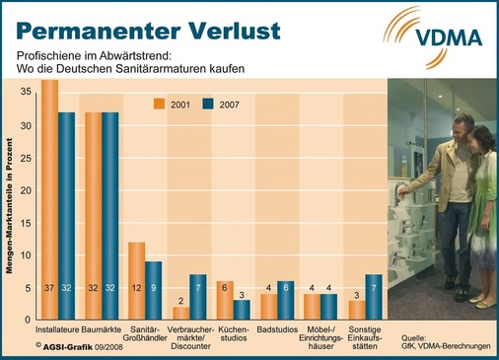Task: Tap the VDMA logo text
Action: coord(450,38)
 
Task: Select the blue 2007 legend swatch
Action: coord(208,104)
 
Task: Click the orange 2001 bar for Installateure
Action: coord(49,197)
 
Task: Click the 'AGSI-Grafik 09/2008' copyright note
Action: coord(77,346)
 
